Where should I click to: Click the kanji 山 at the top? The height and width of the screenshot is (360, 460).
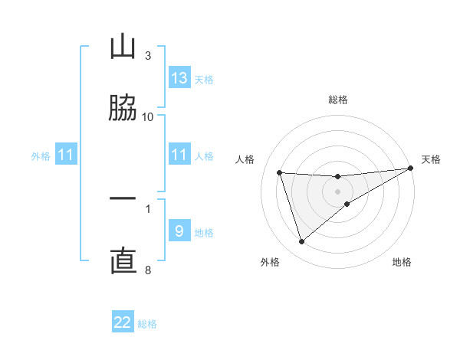coord(123,47)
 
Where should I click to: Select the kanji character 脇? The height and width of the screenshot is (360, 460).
coord(123,108)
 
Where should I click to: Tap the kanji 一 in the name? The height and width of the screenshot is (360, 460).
coord(123,199)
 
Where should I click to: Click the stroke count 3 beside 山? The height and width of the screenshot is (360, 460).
coord(148,56)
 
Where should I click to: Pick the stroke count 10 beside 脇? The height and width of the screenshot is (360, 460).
coord(148,116)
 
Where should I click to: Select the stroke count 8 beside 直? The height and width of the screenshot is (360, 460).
coord(148,270)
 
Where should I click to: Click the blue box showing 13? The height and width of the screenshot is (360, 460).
coord(179,78)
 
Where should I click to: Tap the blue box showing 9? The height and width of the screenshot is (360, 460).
coord(179,231)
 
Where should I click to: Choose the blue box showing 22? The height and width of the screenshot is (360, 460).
coord(123,322)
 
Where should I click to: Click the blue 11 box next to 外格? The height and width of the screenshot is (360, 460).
coord(66,155)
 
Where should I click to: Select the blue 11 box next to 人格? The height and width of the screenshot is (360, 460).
coord(179,155)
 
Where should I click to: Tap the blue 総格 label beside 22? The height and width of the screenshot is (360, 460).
coord(147,324)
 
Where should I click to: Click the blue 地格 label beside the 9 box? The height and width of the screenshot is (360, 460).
coord(204,233)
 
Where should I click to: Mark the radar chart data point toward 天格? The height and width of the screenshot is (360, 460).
coord(410,169)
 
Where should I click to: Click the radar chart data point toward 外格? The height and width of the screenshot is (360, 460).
coord(301,242)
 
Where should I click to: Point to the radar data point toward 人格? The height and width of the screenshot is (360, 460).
coord(280,172)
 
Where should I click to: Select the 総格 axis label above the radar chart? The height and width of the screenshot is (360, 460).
coord(338,100)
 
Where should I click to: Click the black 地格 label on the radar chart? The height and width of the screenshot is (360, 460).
coord(402,262)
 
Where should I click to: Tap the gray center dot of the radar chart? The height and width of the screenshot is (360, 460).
coord(338,191)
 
